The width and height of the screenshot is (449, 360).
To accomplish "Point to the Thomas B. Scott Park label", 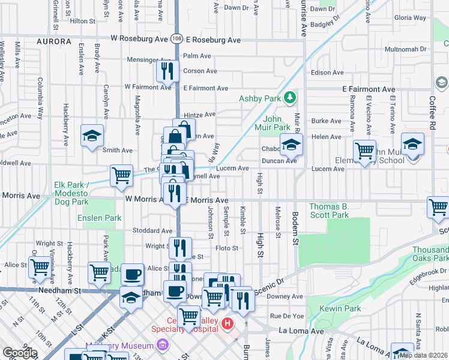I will point(328,211).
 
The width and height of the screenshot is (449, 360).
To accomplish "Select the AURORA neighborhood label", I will point(54,42).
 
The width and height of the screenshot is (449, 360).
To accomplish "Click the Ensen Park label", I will point(99,218).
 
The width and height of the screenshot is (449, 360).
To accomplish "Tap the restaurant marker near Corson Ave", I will point(168,71).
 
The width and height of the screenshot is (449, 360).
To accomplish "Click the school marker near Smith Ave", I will point(92,136).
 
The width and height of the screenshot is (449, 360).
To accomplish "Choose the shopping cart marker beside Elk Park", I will point(121,175).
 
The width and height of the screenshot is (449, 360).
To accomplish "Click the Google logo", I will point(20,353).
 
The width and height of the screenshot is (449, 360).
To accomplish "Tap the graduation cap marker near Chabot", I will point(291,144).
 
